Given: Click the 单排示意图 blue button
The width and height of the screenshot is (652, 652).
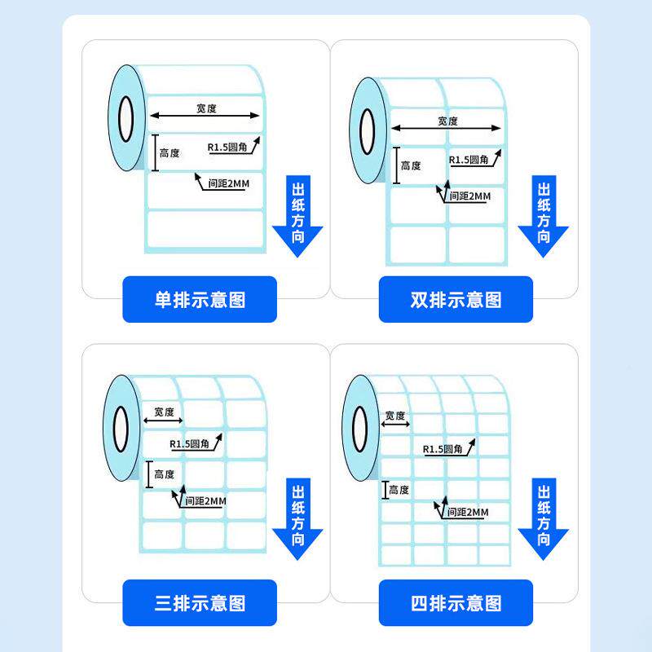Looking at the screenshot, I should point(200,300).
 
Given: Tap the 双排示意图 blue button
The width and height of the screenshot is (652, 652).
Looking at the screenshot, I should point(456,300).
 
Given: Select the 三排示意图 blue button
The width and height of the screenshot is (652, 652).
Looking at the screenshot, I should point(200,604).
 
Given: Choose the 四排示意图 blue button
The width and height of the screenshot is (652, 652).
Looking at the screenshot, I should point(456,604).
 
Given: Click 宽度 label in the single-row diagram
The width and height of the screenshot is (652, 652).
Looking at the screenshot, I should point(206,108).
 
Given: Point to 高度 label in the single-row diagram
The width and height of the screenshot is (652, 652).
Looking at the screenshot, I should point(170,153).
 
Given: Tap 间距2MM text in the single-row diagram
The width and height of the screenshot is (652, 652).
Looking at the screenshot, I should point(228,184).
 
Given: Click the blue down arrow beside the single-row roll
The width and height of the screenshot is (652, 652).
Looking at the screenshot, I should point(297,217).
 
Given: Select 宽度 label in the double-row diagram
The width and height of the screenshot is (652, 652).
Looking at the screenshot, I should point(447,121).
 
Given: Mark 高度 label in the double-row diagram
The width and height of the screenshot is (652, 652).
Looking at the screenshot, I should point(411,166).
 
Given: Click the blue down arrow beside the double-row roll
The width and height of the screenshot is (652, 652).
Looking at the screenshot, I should point(544,217).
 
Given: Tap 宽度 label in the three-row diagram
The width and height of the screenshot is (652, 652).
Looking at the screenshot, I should point(164,412).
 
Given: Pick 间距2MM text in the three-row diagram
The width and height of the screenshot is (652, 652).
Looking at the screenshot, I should point(205,501).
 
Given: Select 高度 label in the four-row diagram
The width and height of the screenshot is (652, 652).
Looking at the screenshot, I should point(399,490).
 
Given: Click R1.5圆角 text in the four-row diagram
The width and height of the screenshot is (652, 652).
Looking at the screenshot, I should point(443,449).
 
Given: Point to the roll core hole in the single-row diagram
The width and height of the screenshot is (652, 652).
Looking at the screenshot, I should point(126,119).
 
